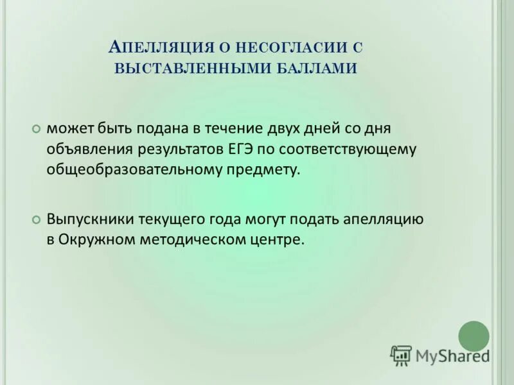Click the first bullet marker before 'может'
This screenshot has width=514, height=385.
pos(36,129)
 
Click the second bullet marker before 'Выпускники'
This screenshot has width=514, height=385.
pos(36,219)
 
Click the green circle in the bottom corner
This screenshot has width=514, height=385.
pos(474,336)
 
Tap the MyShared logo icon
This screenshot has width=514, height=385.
pos(401,355)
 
